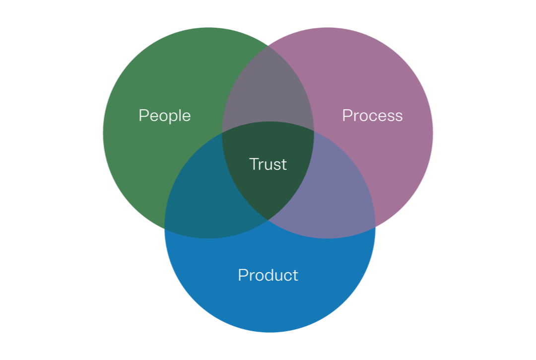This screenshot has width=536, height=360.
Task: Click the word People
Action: tap(164, 116)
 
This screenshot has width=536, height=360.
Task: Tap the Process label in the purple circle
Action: tap(372, 116)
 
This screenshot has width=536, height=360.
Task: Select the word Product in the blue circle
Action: tap(268, 275)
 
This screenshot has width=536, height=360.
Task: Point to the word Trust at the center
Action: tap(268, 164)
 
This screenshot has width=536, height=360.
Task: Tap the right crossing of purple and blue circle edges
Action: tap(375, 226)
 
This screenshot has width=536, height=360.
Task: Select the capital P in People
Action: tap(143, 115)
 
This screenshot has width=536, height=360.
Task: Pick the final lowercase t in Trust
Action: tap(284, 164)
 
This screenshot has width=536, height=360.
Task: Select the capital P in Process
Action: tap(346, 115)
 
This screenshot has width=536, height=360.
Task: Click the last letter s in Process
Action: tap(399, 117)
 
